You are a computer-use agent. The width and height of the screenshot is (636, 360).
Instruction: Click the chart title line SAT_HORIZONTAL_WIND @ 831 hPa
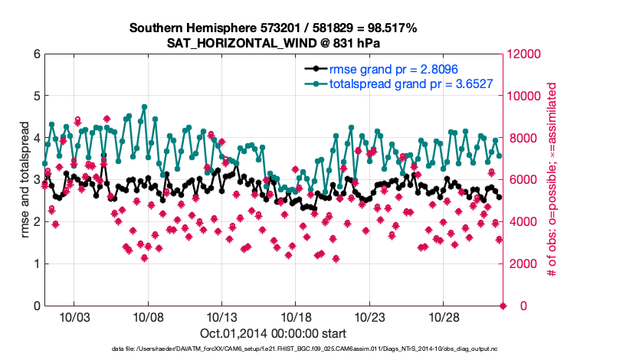tap(273, 43)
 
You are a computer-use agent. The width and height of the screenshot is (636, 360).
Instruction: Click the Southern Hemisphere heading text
tap(273, 28)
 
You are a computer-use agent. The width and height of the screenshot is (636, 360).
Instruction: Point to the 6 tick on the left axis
tap(35, 54)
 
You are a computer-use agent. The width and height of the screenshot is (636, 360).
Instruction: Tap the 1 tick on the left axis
tap(35, 264)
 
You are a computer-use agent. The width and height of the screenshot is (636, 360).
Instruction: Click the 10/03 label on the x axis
tap(74, 316)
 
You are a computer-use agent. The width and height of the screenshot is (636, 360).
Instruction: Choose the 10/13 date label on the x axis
tap(221, 316)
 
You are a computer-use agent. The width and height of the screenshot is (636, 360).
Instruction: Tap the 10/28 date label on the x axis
tap(444, 316)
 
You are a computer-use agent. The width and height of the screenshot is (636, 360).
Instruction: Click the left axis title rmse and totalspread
tap(24, 180)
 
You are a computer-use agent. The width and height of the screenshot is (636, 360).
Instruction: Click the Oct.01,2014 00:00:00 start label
tap(273, 333)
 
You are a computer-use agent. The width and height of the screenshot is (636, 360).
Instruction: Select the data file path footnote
tap(273, 349)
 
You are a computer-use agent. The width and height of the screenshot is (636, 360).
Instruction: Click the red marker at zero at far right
tap(503, 306)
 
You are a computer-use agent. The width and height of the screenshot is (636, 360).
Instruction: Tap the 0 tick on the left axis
tap(35, 306)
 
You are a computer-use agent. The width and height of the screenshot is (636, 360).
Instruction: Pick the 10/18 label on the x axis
tap(296, 316)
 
